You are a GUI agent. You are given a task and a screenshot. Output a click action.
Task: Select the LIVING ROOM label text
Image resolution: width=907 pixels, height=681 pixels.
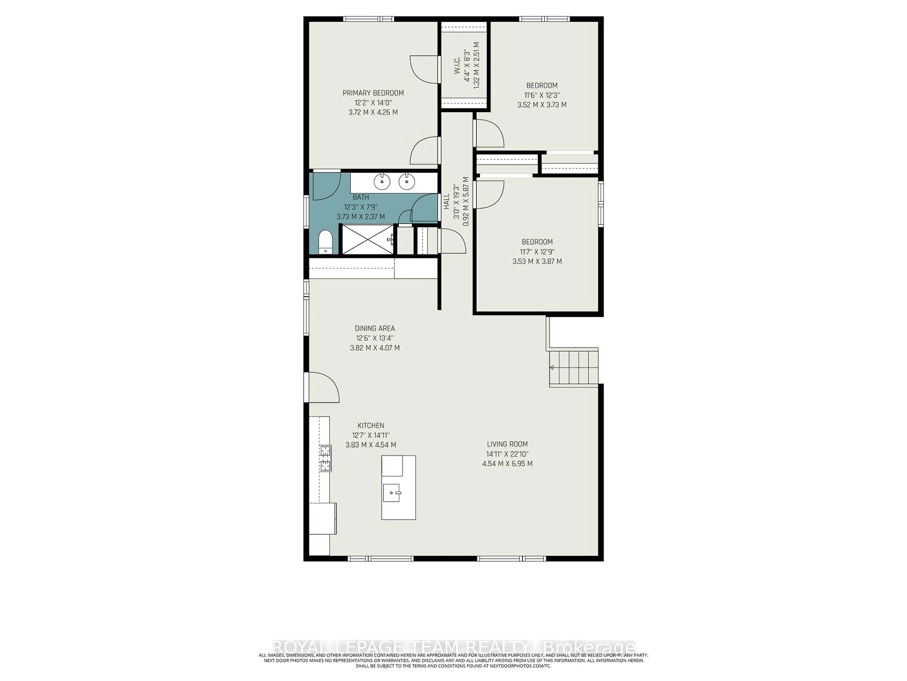507,444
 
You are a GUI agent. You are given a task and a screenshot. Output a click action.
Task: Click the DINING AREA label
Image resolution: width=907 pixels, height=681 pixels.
375,328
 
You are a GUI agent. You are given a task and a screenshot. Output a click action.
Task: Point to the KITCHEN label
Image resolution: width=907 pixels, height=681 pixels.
371,426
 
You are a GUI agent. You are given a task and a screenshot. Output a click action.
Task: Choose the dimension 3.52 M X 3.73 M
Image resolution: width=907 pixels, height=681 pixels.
542,105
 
